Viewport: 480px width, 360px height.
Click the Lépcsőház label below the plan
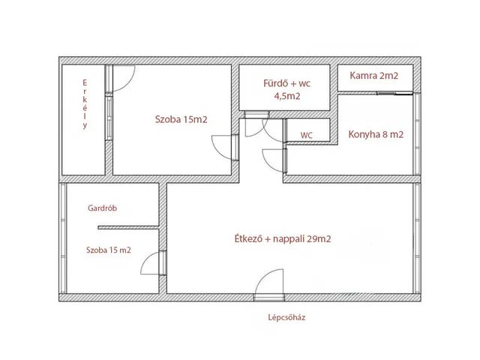point(286,317)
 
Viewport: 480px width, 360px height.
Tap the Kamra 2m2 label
point(373,76)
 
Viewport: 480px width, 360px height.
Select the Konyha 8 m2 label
point(376,134)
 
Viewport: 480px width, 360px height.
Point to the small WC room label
point(307,135)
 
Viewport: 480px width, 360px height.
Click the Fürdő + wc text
point(286,83)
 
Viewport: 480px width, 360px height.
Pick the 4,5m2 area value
point(286,96)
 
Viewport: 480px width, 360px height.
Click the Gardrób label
point(102,208)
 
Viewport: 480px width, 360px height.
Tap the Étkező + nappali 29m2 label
point(283,238)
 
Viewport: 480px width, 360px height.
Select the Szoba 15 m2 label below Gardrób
point(108,250)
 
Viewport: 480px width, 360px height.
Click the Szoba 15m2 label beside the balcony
point(181,119)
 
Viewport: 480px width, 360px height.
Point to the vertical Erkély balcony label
point(85,104)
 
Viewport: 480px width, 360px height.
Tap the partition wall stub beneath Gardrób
point(128,227)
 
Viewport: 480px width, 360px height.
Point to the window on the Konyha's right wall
point(417,134)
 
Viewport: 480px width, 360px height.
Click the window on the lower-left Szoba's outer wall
point(63,238)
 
